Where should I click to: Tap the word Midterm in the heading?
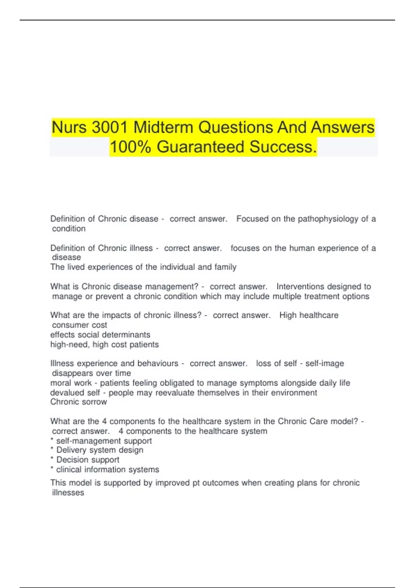pyautogui.click(x=163, y=127)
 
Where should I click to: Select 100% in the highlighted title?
pyautogui.click(x=130, y=147)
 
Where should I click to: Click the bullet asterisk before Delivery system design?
pyautogui.click(x=52, y=449)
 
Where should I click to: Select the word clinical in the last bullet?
pyautogui.click(x=69, y=469)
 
